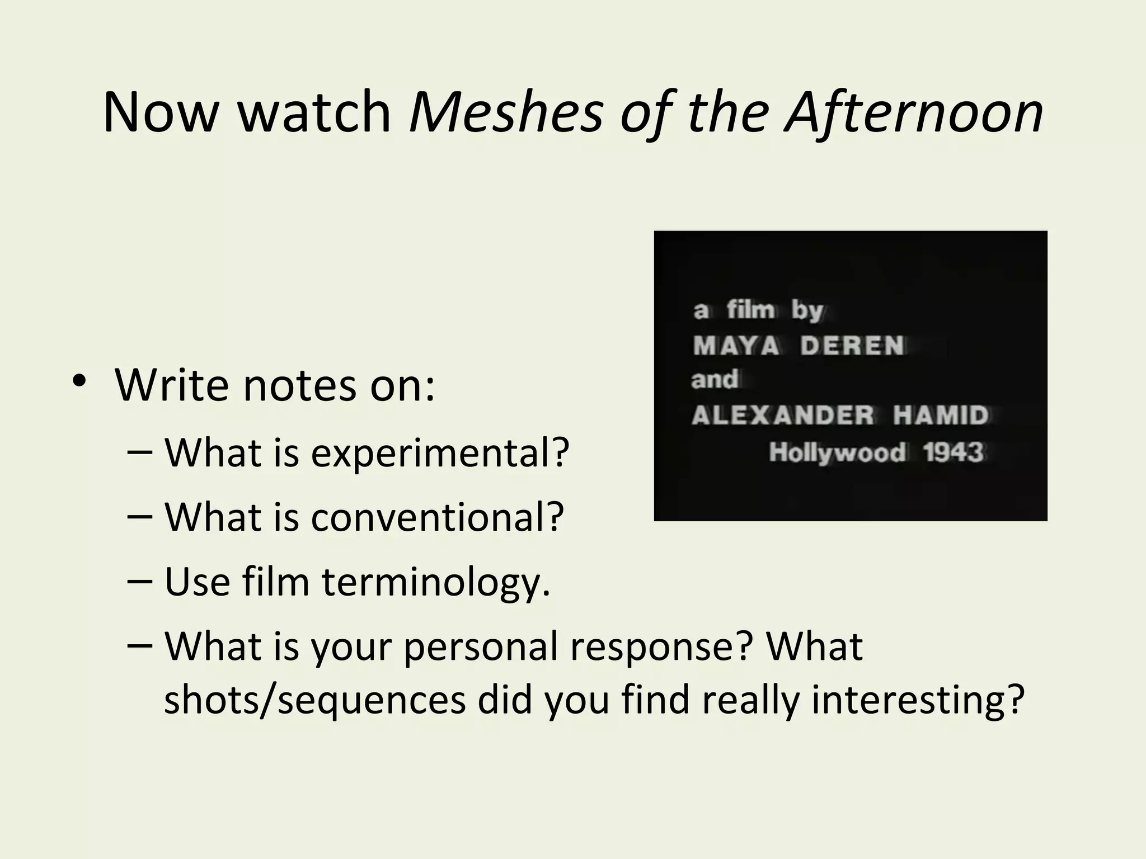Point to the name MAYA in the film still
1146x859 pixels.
click(x=735, y=346)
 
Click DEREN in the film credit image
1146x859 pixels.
click(x=852, y=346)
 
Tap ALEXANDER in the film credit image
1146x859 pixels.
click(x=782, y=416)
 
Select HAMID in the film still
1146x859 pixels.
click(x=941, y=416)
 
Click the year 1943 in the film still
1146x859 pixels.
click(x=953, y=452)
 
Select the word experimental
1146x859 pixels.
click(x=440, y=453)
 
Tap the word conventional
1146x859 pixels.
click(x=437, y=517)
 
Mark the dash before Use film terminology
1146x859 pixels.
click(x=139, y=582)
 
